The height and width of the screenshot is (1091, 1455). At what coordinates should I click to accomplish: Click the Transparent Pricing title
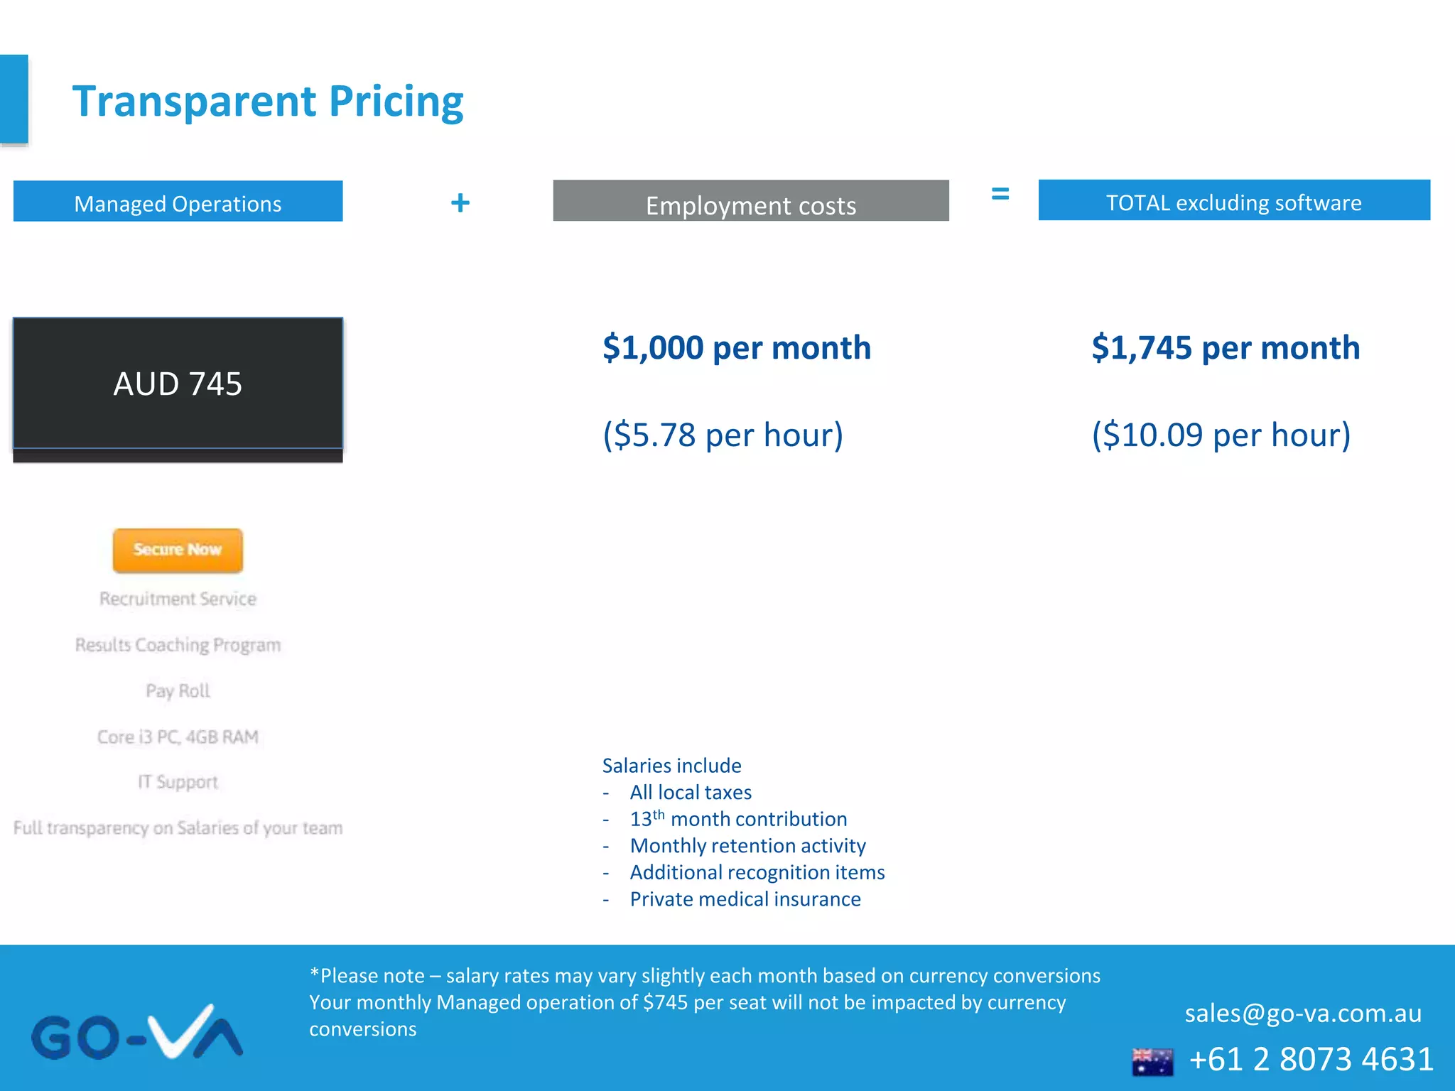click(268, 102)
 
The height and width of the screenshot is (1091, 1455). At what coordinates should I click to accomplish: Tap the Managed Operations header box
click(178, 202)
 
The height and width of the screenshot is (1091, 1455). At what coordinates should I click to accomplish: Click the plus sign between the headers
click(460, 203)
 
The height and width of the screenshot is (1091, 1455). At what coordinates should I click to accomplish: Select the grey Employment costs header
click(751, 202)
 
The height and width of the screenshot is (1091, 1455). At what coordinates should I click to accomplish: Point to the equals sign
click(1000, 193)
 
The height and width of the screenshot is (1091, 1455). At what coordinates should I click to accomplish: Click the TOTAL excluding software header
click(1234, 201)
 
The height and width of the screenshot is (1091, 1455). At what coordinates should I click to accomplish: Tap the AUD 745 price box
click(178, 384)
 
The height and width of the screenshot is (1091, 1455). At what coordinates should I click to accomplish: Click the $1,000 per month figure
click(737, 348)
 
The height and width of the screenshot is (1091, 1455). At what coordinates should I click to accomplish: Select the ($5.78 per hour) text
click(723, 435)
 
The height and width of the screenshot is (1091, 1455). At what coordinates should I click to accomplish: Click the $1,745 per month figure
click(1226, 348)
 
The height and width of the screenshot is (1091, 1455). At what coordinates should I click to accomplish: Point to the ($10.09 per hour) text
click(1221, 435)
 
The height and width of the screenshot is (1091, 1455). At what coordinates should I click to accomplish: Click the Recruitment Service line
click(178, 599)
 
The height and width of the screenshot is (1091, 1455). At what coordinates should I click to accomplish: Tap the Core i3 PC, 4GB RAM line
click(178, 737)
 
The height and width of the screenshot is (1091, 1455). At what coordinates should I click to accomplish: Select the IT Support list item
click(178, 782)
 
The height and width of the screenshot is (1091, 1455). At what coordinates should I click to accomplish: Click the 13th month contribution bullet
click(738, 819)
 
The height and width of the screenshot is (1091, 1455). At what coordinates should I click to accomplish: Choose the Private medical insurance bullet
click(745, 899)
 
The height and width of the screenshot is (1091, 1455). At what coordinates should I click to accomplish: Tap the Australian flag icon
click(1152, 1061)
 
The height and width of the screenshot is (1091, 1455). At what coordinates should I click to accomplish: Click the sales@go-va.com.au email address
click(1303, 1014)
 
